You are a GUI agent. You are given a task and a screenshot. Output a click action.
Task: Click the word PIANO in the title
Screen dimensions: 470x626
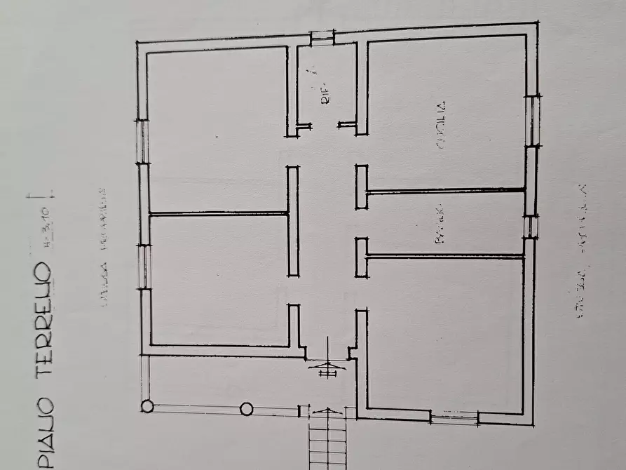pyautogui.click(x=43, y=436)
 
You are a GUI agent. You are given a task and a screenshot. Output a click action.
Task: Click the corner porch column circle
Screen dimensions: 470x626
pyautogui.click(x=147, y=405)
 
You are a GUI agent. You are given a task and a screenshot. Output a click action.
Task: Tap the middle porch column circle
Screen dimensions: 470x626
pyautogui.click(x=246, y=408)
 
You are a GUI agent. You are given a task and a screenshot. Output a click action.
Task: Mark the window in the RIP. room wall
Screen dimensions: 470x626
pyautogui.click(x=322, y=38)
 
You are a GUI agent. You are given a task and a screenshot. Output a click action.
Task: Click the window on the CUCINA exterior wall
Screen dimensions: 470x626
pyautogui.click(x=532, y=121)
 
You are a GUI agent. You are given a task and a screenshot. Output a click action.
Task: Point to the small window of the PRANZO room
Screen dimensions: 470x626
pyautogui.click(x=531, y=226)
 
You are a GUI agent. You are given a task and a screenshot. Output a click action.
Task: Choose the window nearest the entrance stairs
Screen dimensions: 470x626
pyautogui.click(x=454, y=419)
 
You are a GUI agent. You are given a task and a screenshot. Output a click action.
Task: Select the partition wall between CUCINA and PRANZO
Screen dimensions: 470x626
pyautogui.click(x=446, y=190)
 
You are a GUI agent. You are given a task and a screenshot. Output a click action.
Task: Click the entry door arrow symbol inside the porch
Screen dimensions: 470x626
pyautogui.click(x=327, y=364)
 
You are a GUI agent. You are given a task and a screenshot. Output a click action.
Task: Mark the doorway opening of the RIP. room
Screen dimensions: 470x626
pyautogui.click(x=326, y=126)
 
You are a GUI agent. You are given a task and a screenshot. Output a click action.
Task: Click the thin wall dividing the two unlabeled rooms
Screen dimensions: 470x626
pyautogui.click(x=219, y=213)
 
